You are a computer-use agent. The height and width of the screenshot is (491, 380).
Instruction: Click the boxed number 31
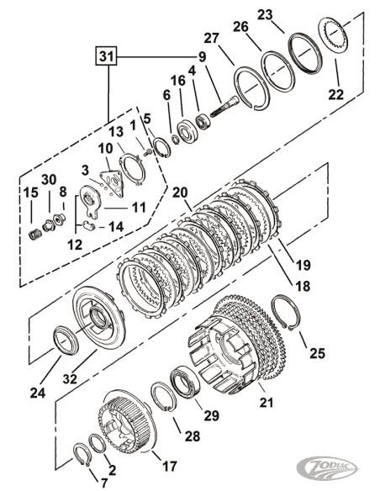point(105,57)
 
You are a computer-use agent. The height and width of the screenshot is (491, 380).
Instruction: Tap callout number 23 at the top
point(288,15)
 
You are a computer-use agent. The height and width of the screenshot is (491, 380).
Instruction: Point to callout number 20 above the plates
point(179,193)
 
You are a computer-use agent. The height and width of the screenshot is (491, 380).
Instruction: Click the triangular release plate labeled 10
point(108,185)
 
